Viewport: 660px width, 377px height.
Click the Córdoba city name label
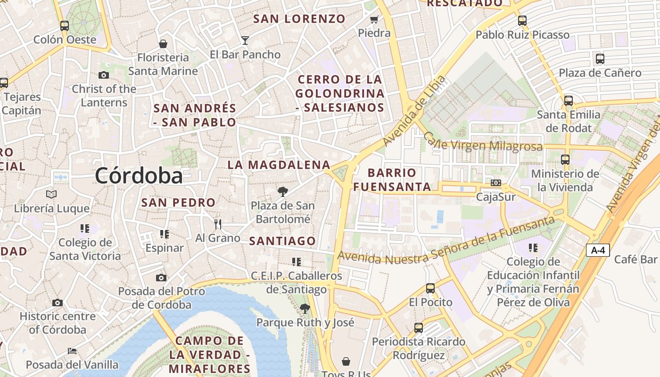(x=139, y=176)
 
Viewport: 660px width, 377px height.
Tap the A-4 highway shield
(x=598, y=250)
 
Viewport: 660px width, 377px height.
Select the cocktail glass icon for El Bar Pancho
(x=245, y=40)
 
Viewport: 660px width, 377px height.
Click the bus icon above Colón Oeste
(x=65, y=25)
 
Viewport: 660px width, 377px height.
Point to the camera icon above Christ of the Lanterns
(x=104, y=75)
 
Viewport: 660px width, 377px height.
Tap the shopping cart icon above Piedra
(x=374, y=19)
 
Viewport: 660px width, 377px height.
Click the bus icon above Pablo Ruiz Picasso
(x=522, y=21)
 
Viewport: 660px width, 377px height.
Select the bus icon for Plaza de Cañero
(x=600, y=59)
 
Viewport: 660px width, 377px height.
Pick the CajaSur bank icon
(x=496, y=182)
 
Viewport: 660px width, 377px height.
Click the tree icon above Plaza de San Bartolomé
(x=282, y=191)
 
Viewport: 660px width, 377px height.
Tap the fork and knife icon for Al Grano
(x=217, y=223)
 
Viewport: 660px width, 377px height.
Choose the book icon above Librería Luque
(x=51, y=194)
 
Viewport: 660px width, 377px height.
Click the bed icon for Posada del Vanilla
(x=72, y=351)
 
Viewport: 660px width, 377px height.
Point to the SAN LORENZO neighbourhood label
(x=299, y=19)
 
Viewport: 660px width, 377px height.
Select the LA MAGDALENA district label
(x=279, y=165)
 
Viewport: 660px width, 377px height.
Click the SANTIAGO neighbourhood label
(x=282, y=241)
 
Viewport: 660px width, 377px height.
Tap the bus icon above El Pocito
(x=430, y=288)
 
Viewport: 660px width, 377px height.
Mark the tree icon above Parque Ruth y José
(x=305, y=309)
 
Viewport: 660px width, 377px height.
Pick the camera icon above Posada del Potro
(x=161, y=278)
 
